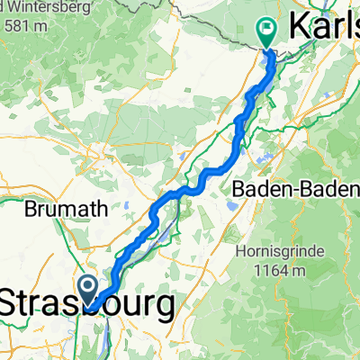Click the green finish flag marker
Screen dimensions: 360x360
coord(267,31)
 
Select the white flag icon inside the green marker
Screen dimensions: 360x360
coord(267,28)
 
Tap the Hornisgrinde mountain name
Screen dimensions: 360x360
coord(280,252)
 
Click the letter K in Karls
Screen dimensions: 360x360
coord(299,30)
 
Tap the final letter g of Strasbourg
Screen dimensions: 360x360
coord(164,309)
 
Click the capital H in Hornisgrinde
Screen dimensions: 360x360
coord(239,252)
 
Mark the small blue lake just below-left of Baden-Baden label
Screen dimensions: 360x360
coord(232,205)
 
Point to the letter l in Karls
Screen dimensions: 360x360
coord(341,30)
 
